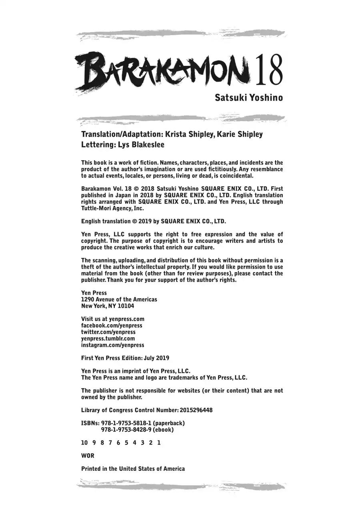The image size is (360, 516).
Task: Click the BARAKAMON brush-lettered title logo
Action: click(162, 72)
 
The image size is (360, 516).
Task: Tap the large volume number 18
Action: click(269, 70)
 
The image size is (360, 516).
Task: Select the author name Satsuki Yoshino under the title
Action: click(248, 98)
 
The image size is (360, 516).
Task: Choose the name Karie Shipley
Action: click(240, 134)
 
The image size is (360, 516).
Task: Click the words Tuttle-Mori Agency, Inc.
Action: click(112, 208)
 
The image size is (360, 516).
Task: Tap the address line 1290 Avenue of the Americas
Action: click(119, 299)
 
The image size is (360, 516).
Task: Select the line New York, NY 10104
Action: click(108, 306)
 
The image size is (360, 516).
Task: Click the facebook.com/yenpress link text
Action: click(112, 325)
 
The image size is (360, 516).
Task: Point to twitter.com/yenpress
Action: click(108, 332)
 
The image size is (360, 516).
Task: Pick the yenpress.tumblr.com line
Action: click(108, 339)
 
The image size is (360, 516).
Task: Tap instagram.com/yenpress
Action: click(112, 345)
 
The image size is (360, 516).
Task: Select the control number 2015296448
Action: click(196, 410)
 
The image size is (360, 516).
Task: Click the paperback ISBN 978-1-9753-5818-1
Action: click(126, 423)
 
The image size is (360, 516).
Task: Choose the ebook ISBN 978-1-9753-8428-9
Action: click(126, 430)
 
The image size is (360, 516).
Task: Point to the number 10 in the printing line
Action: click(84, 443)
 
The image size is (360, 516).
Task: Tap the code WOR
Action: click(88, 456)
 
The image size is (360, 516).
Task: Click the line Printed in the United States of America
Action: click(133, 469)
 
